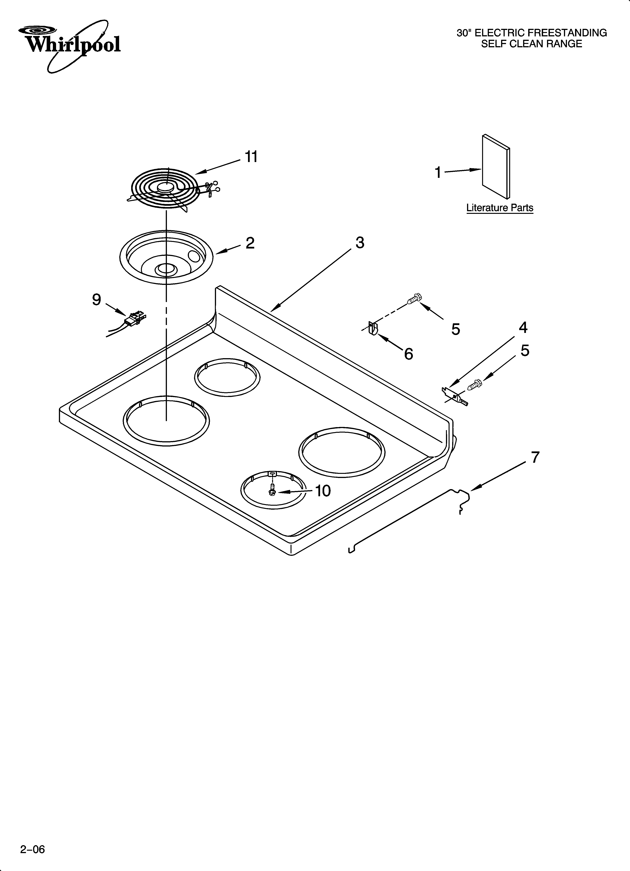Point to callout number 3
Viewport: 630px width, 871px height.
(360, 243)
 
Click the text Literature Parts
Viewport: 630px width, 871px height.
(500, 208)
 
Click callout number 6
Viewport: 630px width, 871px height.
(409, 354)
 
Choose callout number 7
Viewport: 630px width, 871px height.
(535, 457)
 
